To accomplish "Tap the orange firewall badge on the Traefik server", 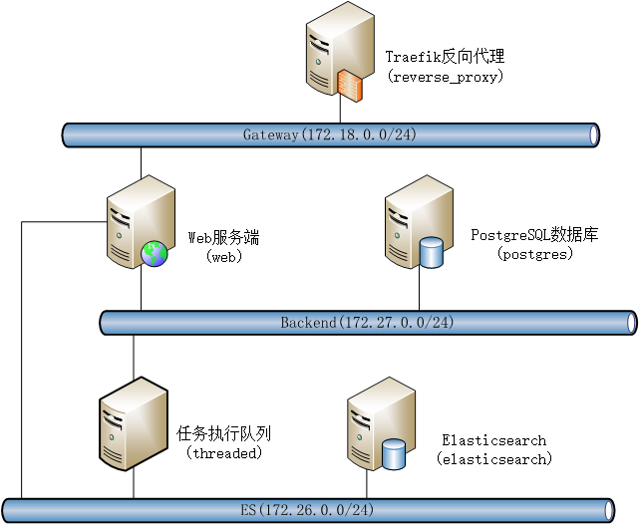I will tap(349, 87).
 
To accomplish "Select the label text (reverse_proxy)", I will tap(446, 76).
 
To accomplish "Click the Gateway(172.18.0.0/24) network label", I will tap(329, 134).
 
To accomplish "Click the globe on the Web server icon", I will tap(155, 254).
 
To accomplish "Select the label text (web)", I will tap(224, 256).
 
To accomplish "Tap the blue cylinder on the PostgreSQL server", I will tap(432, 253).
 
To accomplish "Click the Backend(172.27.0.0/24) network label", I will tap(367, 322).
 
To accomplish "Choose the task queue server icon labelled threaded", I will tap(133, 423).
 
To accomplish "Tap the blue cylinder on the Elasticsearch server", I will tap(395, 454).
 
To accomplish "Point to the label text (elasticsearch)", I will tap(493, 459).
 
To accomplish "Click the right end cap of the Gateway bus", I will tap(594, 134).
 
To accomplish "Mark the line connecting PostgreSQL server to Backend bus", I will tap(419, 289).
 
